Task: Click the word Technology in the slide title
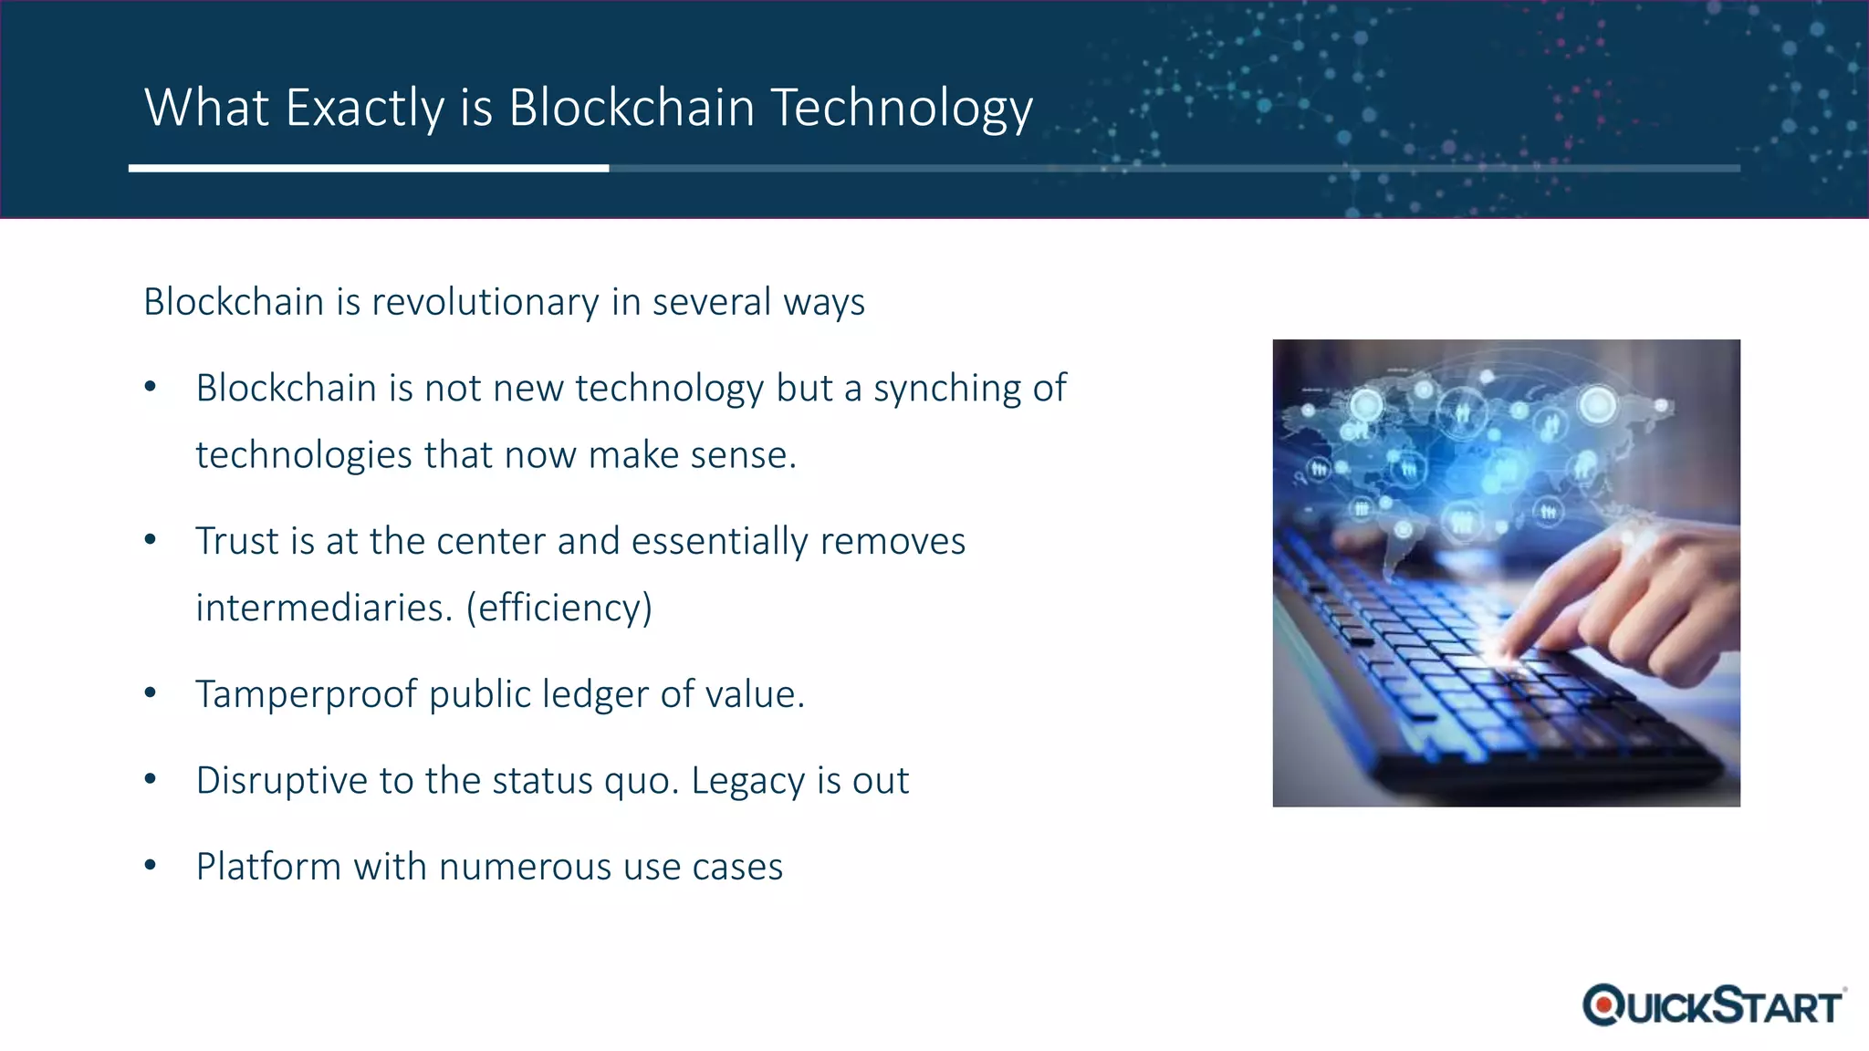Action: (x=902, y=109)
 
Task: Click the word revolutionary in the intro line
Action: (x=486, y=302)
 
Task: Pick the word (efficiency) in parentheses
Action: (x=559, y=608)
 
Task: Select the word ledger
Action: (x=597, y=694)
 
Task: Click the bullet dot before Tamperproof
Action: (x=151, y=693)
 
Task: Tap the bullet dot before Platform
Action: (x=151, y=865)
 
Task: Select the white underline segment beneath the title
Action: (x=369, y=168)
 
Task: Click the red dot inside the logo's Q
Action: (x=1603, y=1005)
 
